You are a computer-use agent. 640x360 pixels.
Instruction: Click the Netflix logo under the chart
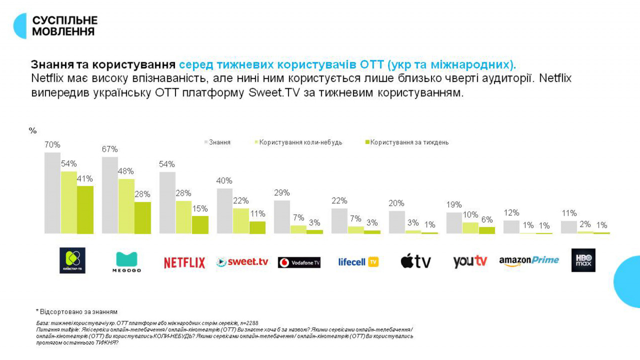point(184,262)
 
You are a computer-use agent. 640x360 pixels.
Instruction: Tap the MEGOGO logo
point(127,261)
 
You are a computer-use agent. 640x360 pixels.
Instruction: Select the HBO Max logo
point(583,260)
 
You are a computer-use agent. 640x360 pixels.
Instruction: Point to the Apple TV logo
point(415,261)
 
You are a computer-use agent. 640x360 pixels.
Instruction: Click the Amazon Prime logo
point(529,260)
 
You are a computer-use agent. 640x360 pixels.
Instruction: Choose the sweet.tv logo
point(242,262)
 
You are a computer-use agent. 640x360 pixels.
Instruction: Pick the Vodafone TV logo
point(299,262)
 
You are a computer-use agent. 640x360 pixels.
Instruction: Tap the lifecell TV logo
point(358,262)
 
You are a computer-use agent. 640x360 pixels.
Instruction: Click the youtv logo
point(470,261)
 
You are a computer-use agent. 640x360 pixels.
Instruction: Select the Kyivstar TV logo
point(72,260)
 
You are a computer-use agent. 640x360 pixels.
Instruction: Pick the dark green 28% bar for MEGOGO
point(142,218)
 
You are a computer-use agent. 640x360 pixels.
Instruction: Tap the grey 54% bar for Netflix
point(167,203)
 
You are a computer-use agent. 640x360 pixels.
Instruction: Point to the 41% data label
point(85,179)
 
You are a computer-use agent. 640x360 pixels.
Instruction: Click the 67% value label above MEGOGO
point(110,149)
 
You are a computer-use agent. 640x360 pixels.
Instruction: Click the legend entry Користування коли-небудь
point(301,142)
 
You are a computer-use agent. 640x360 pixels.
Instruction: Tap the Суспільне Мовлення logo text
point(65,26)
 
